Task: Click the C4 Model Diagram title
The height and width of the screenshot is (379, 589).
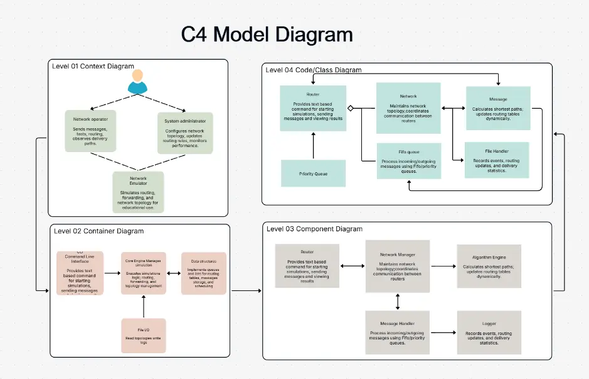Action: [267, 34]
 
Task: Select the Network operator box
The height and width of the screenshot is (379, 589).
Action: [90, 131]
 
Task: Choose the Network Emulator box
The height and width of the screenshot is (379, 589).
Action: [138, 191]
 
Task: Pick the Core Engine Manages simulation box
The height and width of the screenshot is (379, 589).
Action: [144, 273]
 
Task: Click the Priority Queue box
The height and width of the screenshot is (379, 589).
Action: [313, 173]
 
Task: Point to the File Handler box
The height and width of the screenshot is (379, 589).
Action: [496, 160]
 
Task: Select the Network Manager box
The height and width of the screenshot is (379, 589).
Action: [398, 266]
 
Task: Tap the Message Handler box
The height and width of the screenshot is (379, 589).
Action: [398, 331]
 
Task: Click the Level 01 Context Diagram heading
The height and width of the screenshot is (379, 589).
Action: [93, 66]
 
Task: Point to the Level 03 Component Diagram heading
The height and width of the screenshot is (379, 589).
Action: [314, 228]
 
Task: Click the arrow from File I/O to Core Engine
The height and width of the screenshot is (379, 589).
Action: [144, 307]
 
